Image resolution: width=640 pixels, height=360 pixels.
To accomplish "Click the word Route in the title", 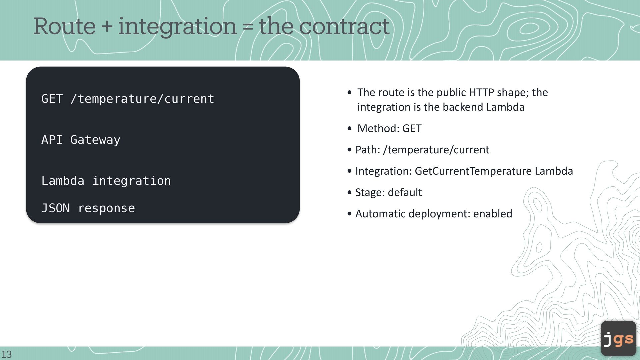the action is [x=64, y=26].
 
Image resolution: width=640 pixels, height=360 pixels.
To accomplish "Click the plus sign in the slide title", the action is [x=107, y=26].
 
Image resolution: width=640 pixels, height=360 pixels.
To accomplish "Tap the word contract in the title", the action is [x=344, y=26].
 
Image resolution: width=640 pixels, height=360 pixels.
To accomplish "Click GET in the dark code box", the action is [x=52, y=99].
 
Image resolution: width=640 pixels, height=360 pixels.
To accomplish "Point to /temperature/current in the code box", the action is [x=142, y=99].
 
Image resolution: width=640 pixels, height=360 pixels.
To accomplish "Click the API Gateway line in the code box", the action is [x=81, y=140].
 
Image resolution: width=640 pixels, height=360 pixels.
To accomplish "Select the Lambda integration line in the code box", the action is [x=106, y=181].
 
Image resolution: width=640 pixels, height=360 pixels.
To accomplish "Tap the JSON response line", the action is [x=88, y=208].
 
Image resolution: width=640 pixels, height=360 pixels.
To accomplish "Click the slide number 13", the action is [x=6, y=354].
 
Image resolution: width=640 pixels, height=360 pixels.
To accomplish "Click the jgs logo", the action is [x=619, y=338].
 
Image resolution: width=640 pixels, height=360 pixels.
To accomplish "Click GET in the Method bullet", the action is [x=412, y=128].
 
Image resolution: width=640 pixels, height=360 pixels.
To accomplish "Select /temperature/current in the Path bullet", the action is [x=436, y=150].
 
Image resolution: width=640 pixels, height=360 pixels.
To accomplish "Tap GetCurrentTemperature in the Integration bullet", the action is [x=473, y=171].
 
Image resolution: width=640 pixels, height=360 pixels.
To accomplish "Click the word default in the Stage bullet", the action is [x=405, y=192].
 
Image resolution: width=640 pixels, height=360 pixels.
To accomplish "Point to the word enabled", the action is [x=493, y=214].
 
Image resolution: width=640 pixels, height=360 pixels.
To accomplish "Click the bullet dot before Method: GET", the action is [x=349, y=129].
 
